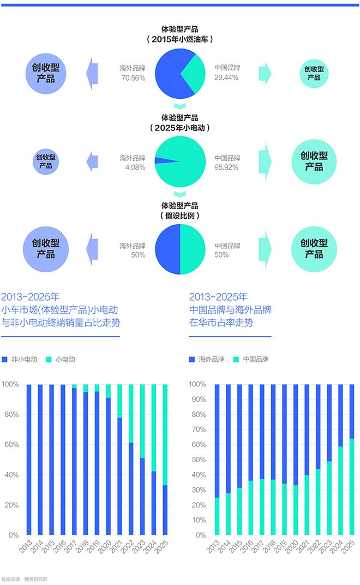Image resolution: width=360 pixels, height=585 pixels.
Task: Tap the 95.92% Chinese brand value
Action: (x=226, y=168)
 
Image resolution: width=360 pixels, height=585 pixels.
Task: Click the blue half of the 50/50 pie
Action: (x=168, y=249)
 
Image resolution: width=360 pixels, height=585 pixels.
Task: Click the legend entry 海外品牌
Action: (x=207, y=360)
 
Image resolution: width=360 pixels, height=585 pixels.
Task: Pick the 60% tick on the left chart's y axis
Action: (x=12, y=444)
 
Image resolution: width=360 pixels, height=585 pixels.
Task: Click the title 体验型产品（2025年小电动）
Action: (x=179, y=122)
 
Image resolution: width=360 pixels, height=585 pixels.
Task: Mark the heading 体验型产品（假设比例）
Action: (x=179, y=211)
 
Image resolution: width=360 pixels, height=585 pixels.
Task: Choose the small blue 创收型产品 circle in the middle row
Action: (x=46, y=161)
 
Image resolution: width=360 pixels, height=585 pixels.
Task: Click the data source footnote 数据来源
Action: (x=25, y=579)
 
